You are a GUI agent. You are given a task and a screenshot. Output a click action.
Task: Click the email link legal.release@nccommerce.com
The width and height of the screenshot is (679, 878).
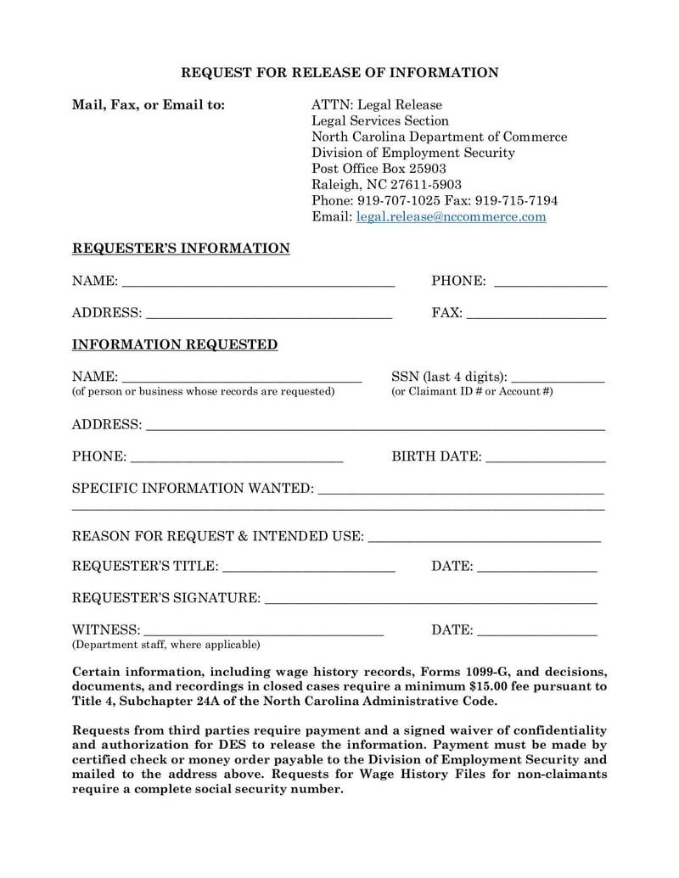coord(451,217)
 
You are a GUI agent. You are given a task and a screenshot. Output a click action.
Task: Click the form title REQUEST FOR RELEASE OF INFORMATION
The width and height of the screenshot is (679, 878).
coord(339,73)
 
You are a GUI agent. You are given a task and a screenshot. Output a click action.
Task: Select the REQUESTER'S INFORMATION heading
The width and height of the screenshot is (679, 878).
coord(181,249)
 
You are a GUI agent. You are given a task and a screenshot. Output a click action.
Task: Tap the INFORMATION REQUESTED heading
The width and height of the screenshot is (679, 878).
coord(175,345)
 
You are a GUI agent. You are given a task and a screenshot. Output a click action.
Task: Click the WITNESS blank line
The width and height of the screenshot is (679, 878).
coord(264,633)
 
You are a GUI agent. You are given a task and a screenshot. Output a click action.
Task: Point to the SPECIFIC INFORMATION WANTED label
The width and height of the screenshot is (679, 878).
coord(193,489)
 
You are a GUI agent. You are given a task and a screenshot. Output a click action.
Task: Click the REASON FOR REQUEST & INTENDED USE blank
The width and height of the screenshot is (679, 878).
coord(485,539)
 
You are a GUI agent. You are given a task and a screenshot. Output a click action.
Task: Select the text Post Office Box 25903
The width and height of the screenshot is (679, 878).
coord(379,169)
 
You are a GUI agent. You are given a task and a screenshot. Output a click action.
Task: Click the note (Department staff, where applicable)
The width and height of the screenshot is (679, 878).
coord(166,646)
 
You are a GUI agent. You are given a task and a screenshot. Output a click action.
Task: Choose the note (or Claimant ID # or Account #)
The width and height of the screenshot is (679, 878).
coord(472,392)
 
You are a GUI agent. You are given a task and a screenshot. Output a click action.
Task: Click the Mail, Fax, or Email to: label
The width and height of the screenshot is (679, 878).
coord(149,105)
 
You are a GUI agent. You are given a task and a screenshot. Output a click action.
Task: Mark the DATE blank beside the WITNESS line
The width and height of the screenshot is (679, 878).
coord(537,633)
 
